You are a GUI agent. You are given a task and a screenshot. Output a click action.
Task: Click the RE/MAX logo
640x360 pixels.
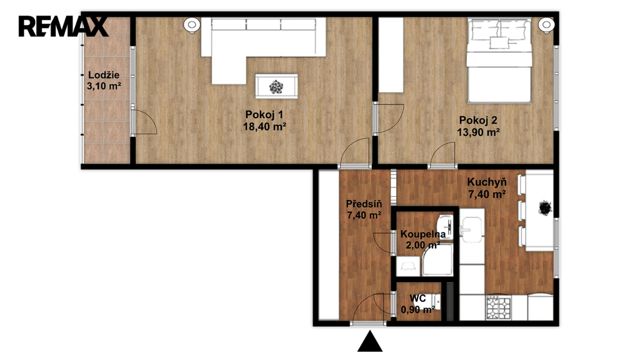(x=63, y=26)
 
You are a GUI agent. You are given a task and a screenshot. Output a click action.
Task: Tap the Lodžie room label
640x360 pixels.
(x=104, y=75)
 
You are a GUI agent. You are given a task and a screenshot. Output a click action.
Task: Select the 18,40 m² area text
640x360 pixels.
(x=264, y=126)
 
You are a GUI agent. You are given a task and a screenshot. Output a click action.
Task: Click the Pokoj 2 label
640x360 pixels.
(x=478, y=121)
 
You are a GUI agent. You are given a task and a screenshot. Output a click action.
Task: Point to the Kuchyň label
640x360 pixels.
(x=486, y=182)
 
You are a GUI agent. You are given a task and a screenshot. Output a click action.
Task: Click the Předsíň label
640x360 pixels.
(x=364, y=204)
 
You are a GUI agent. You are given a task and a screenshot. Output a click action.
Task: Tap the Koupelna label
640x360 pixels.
(x=423, y=235)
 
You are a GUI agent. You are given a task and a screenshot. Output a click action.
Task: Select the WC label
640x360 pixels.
(x=417, y=298)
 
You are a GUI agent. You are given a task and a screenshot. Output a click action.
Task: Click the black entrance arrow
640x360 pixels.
(x=370, y=342)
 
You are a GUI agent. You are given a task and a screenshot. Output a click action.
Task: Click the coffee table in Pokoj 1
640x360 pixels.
(x=276, y=86)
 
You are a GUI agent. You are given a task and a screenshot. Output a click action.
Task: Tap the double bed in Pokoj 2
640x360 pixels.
(x=499, y=60)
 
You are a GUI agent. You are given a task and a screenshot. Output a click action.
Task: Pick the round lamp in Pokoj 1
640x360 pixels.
(x=191, y=25)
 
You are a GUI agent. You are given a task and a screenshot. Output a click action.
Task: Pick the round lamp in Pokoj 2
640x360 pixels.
(x=546, y=25)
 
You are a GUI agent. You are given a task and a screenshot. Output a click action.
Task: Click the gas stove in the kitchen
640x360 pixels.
(x=499, y=308)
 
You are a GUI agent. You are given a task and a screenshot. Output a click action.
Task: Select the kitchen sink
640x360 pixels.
(x=471, y=230)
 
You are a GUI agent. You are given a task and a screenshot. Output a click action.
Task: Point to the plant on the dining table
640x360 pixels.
(x=544, y=208)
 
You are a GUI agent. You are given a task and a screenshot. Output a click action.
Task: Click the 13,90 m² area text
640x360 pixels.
(x=478, y=132)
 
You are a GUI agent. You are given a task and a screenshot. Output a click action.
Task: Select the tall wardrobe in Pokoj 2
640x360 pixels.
(x=391, y=55)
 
